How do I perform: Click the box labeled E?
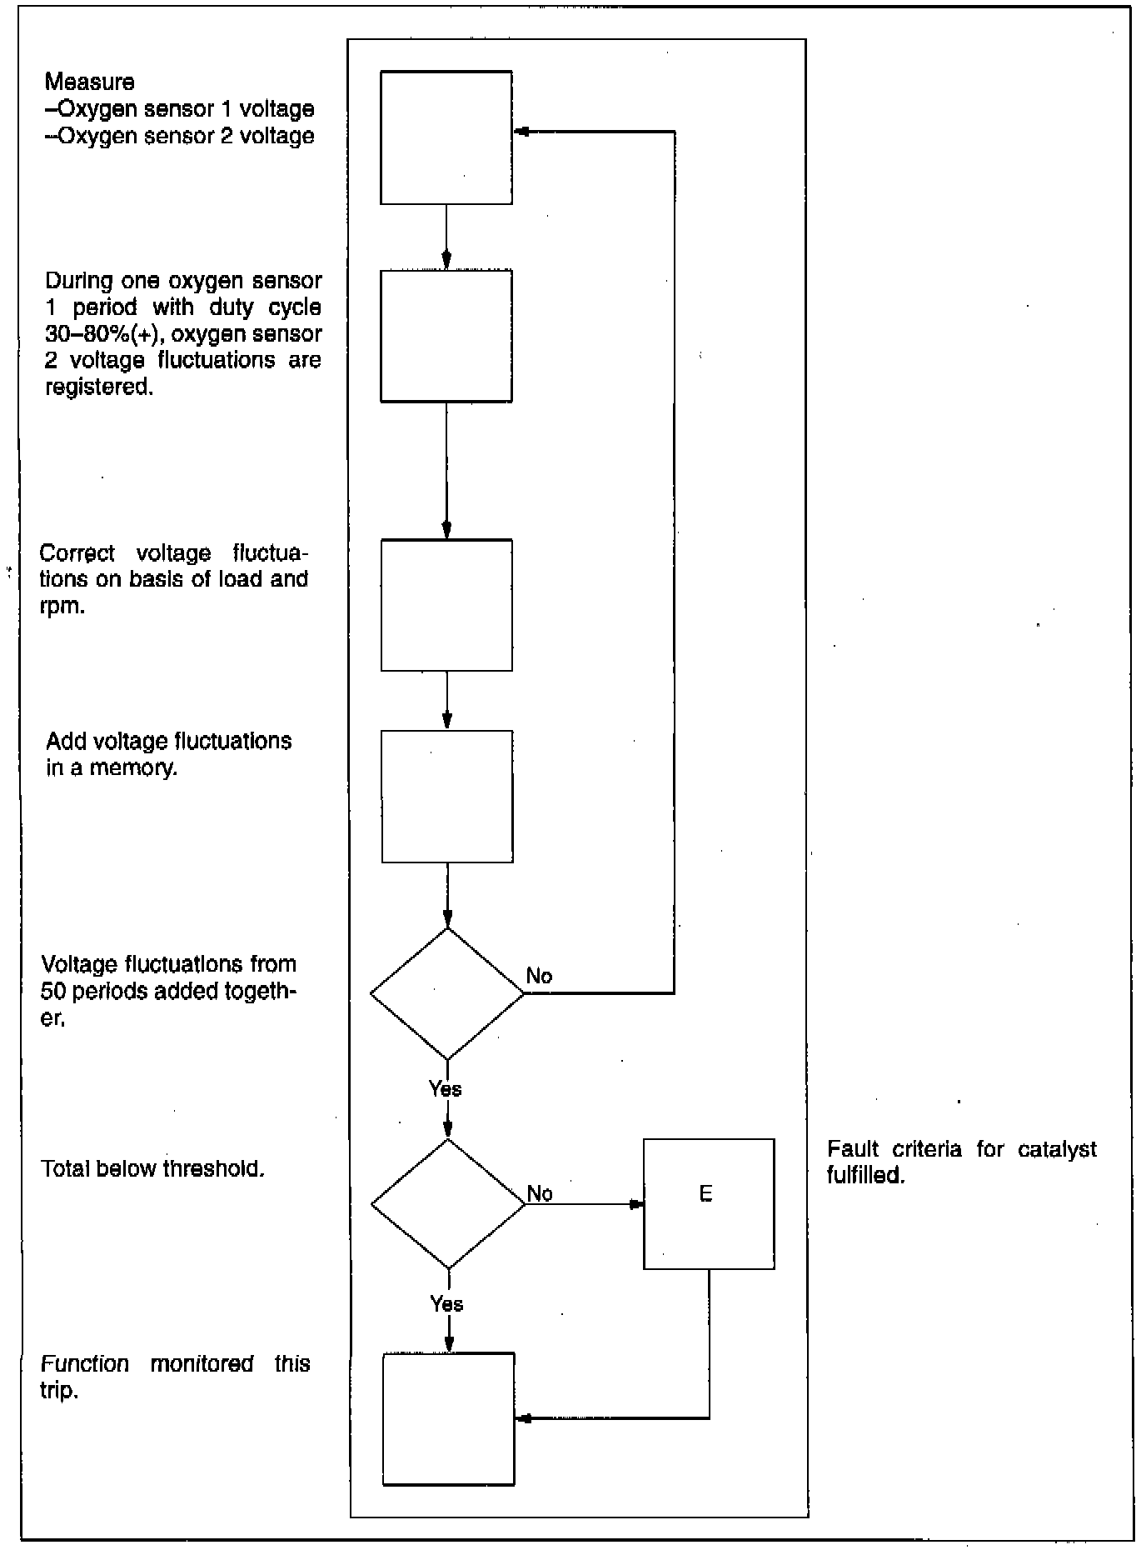pyautogui.click(x=709, y=1204)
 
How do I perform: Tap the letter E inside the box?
pyautogui.click(x=705, y=1194)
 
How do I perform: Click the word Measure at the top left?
pyautogui.click(x=90, y=82)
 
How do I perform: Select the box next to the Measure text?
pyautogui.click(x=446, y=137)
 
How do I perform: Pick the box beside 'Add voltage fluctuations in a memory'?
pyautogui.click(x=447, y=797)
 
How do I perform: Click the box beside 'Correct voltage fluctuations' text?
pyautogui.click(x=446, y=605)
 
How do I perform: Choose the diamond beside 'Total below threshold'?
pyautogui.click(x=448, y=1204)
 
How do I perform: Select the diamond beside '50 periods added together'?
pyautogui.click(x=447, y=993)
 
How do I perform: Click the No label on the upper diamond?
pyautogui.click(x=539, y=976)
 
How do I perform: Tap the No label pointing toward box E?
pyautogui.click(x=540, y=1193)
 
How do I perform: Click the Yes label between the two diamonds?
pyautogui.click(x=446, y=1088)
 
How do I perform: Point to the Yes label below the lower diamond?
pyautogui.click(x=447, y=1304)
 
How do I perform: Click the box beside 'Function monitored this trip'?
pyautogui.click(x=449, y=1419)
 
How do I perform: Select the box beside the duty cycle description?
pyautogui.click(x=446, y=336)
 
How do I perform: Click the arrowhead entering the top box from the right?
pyautogui.click(x=521, y=132)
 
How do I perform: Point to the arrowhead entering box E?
pyautogui.click(x=636, y=1204)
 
